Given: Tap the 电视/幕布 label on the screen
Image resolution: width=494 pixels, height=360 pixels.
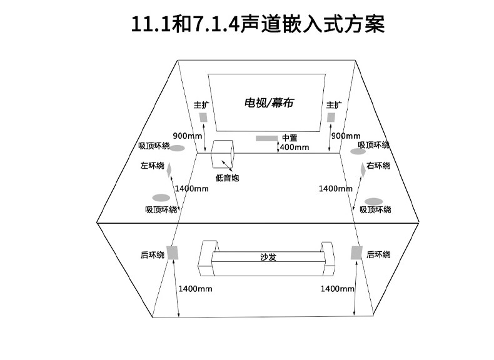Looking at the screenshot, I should click(x=268, y=103).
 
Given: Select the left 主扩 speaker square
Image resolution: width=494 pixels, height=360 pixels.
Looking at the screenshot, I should click(x=203, y=117).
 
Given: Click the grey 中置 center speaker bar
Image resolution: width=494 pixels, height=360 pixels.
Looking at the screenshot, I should click(x=267, y=137).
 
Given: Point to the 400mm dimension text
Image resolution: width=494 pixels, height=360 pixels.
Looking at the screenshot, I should click(x=294, y=147).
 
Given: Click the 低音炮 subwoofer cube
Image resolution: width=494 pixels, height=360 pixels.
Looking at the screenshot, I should click(x=223, y=154).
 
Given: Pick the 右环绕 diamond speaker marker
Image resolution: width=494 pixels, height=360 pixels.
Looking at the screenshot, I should click(x=362, y=169).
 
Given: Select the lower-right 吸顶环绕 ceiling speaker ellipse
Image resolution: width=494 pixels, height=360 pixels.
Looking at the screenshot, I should click(x=373, y=201).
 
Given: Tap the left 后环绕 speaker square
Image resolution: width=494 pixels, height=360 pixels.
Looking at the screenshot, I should click(x=173, y=253).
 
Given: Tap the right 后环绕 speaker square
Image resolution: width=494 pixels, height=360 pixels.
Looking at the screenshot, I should click(x=356, y=252).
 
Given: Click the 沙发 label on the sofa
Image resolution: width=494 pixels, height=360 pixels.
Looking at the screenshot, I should click(x=268, y=256).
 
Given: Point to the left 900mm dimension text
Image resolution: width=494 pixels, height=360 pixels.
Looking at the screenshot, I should click(x=187, y=136).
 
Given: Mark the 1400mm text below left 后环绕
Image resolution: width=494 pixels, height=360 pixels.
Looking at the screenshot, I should click(x=195, y=289).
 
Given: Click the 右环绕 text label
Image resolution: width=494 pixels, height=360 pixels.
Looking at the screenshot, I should click(x=378, y=166).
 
